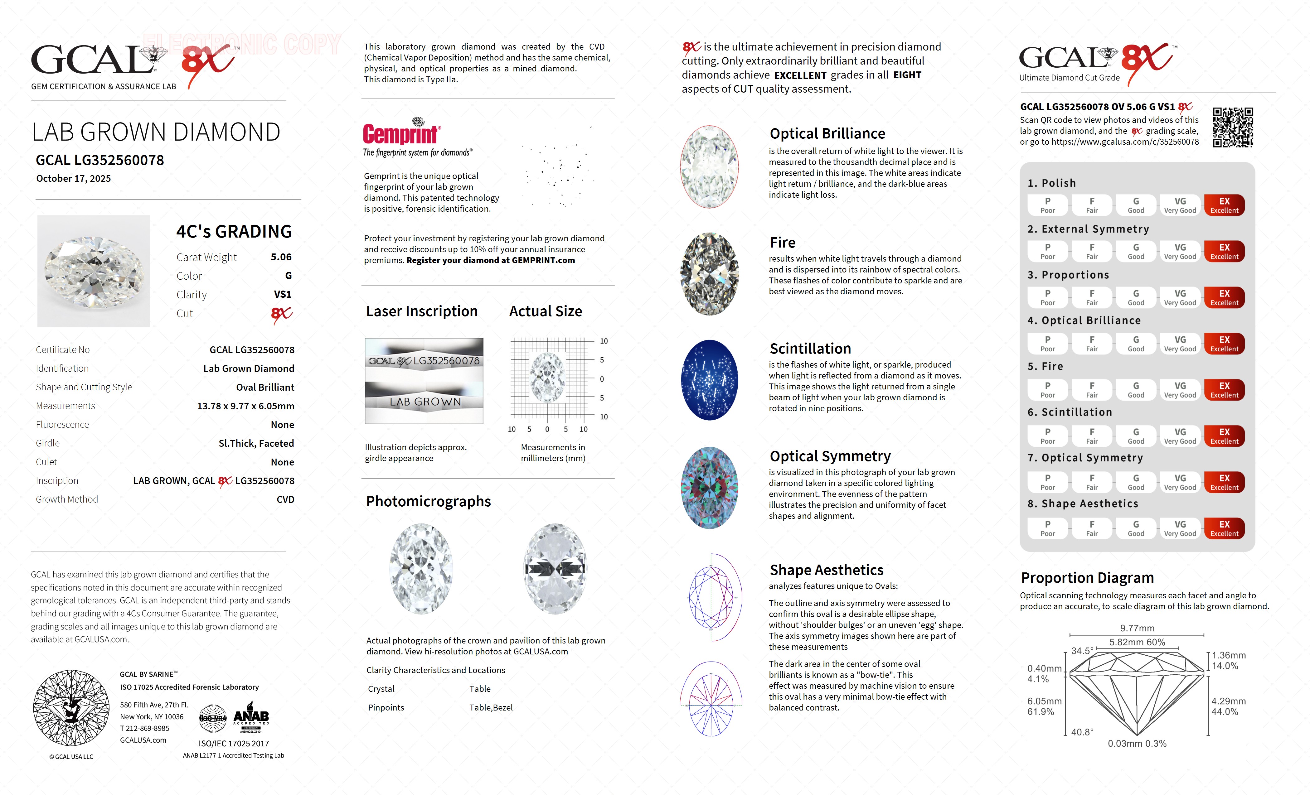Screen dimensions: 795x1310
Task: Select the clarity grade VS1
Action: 282,294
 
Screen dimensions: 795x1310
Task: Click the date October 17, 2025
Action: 73,179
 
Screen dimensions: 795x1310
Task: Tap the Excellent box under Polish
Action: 1224,205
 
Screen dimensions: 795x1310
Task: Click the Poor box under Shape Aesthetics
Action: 1047,528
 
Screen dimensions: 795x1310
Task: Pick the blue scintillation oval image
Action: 709,380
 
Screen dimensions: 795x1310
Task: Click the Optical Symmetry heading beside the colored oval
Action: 830,456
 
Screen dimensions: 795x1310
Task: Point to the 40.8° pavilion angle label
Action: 1082,732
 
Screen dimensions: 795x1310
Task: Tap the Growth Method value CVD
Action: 285,499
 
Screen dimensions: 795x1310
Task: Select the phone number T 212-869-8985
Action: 145,729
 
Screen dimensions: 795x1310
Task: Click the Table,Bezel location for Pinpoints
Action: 491,708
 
